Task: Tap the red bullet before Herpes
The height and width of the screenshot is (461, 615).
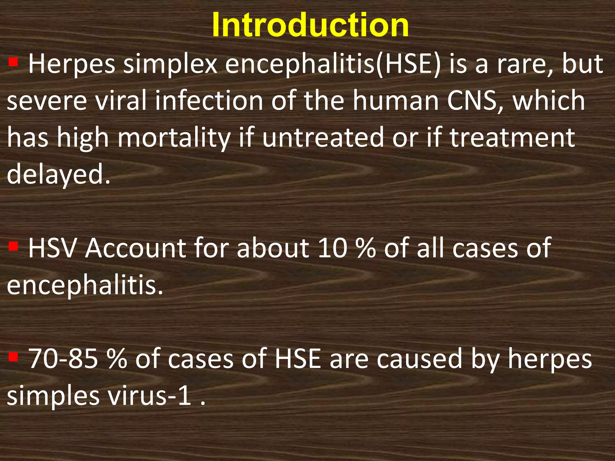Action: click(13, 62)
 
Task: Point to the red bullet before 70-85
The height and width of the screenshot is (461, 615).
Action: click(13, 357)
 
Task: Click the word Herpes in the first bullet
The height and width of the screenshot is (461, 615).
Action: click(71, 65)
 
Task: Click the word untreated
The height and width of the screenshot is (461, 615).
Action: click(323, 137)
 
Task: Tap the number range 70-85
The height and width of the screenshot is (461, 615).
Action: click(63, 359)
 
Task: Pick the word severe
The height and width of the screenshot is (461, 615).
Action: click(47, 101)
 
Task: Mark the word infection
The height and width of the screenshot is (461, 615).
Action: click(209, 101)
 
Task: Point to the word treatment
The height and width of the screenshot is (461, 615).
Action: click(512, 137)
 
